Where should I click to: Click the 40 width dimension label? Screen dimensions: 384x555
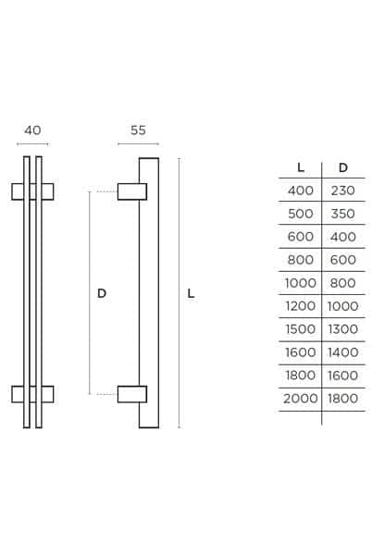pyautogui.click(x=32, y=130)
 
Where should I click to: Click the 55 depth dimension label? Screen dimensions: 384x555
pyautogui.click(x=138, y=130)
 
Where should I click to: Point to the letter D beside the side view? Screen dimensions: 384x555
pyautogui.click(x=102, y=293)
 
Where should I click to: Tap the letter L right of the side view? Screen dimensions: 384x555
pyautogui.click(x=192, y=293)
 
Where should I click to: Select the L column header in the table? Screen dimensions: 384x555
pyautogui.click(x=301, y=167)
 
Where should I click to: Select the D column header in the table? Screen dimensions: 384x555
pyautogui.click(x=343, y=167)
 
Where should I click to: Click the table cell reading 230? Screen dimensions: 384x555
pyautogui.click(x=343, y=191)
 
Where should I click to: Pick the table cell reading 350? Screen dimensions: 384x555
pyautogui.click(x=343, y=214)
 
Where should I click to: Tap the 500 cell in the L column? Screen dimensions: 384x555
pyautogui.click(x=301, y=214)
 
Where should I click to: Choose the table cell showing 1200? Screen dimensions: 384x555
pyautogui.click(x=301, y=306)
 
